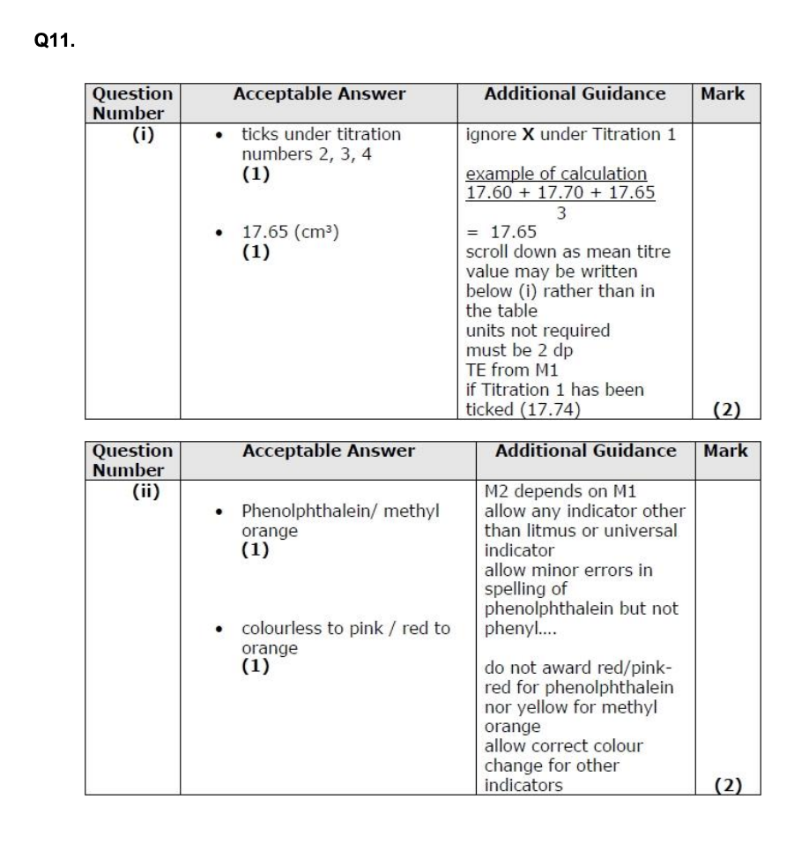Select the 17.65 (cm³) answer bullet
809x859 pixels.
click(291, 233)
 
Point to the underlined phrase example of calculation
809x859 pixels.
click(556, 174)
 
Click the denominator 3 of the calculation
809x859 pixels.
click(560, 213)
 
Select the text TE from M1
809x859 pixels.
click(508, 370)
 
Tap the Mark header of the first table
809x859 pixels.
click(724, 93)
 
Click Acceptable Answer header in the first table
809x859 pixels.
click(319, 93)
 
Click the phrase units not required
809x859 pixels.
click(538, 331)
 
